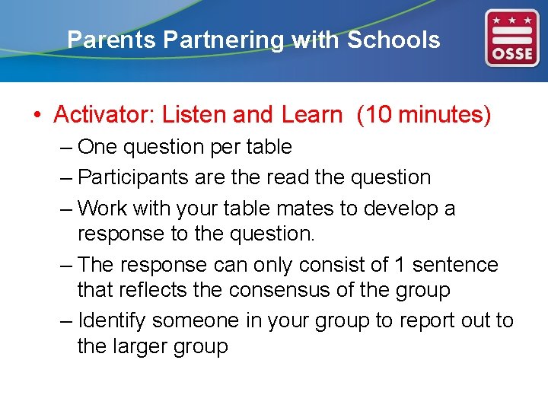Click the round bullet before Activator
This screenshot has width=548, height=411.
pyautogui.click(x=36, y=116)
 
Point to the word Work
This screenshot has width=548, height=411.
pyautogui.click(x=103, y=208)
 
